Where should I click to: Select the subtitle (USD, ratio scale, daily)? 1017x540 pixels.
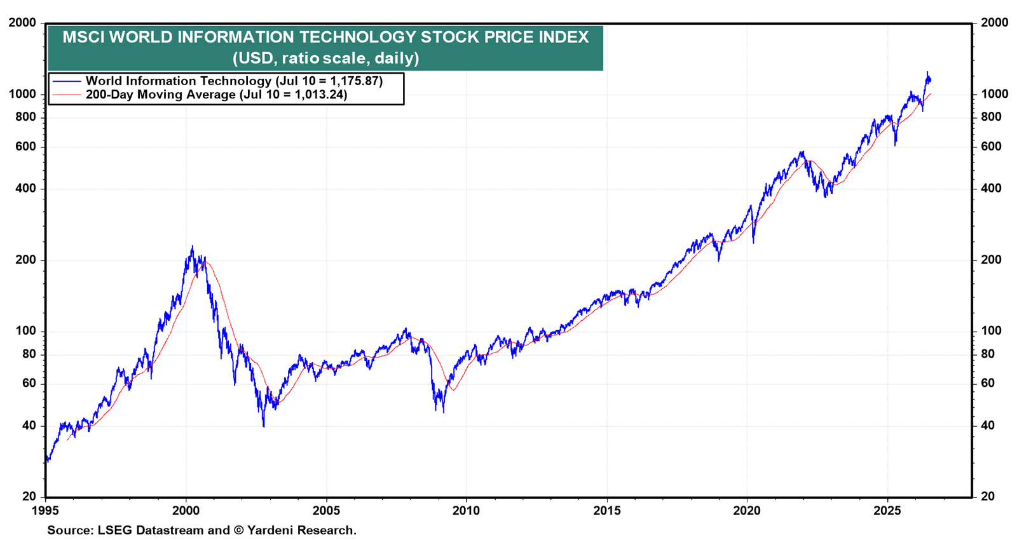(x=325, y=58)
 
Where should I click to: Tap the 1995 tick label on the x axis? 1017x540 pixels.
(x=45, y=511)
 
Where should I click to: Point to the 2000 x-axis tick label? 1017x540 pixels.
(x=186, y=511)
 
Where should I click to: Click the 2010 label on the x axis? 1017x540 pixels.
(x=467, y=511)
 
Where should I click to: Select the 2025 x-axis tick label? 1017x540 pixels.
(x=887, y=511)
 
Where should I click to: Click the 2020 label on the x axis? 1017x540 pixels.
(x=747, y=511)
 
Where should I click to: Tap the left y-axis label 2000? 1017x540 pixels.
(x=22, y=22)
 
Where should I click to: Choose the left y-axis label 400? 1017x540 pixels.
(x=25, y=188)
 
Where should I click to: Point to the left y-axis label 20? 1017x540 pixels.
(x=29, y=497)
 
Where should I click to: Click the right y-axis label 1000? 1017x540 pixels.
(x=994, y=95)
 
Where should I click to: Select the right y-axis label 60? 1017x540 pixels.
(x=988, y=384)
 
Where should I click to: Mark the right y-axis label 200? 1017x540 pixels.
(x=991, y=260)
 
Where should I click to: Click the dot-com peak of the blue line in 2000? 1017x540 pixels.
(x=192, y=246)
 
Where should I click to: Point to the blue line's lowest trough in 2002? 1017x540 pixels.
(x=263, y=426)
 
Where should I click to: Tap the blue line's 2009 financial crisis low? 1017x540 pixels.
(x=443, y=412)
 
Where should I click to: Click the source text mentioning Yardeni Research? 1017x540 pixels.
(x=201, y=530)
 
